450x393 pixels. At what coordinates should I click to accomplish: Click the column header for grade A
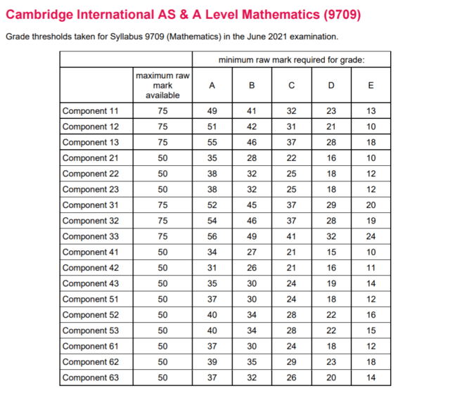pyautogui.click(x=212, y=86)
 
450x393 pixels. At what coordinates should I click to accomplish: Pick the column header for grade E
pyautogui.click(x=371, y=86)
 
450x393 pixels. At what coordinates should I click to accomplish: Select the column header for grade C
pyautogui.click(x=291, y=86)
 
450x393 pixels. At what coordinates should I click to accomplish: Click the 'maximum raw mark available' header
pyautogui.click(x=162, y=85)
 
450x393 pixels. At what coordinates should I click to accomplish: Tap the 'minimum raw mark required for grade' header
pyautogui.click(x=291, y=60)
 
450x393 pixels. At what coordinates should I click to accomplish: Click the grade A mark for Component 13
pyautogui.click(x=212, y=142)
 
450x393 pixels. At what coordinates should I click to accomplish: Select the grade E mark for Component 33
pyautogui.click(x=371, y=236)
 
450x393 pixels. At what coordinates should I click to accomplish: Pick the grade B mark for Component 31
pyautogui.click(x=252, y=205)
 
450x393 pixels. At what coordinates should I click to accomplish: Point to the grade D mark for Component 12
pyautogui.click(x=331, y=127)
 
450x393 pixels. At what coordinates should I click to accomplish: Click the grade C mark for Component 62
pyautogui.click(x=291, y=362)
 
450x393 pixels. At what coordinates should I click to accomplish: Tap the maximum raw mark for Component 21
pyautogui.click(x=162, y=158)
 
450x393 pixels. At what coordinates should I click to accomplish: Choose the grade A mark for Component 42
pyautogui.click(x=212, y=268)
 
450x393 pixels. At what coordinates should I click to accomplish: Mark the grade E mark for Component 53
pyautogui.click(x=371, y=330)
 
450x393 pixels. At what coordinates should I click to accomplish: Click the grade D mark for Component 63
pyautogui.click(x=331, y=378)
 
